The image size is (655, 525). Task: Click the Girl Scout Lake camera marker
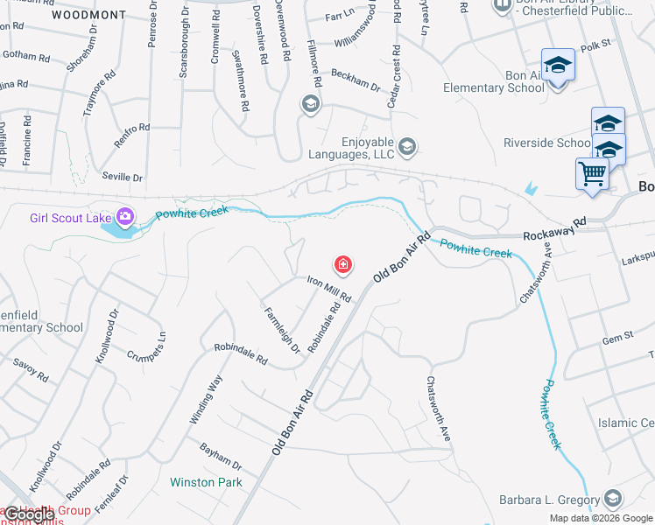(125, 216)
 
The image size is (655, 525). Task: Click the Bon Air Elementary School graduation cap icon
(557, 66)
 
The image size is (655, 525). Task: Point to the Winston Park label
(206, 482)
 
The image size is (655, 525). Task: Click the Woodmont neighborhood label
(88, 15)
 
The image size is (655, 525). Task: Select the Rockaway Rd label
(554, 235)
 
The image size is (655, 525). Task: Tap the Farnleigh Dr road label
(281, 330)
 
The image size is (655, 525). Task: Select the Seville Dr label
(122, 177)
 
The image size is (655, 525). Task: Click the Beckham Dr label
(362, 86)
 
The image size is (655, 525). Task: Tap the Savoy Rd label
(31, 370)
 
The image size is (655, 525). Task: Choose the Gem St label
(617, 338)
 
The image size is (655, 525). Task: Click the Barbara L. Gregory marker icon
(612, 500)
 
